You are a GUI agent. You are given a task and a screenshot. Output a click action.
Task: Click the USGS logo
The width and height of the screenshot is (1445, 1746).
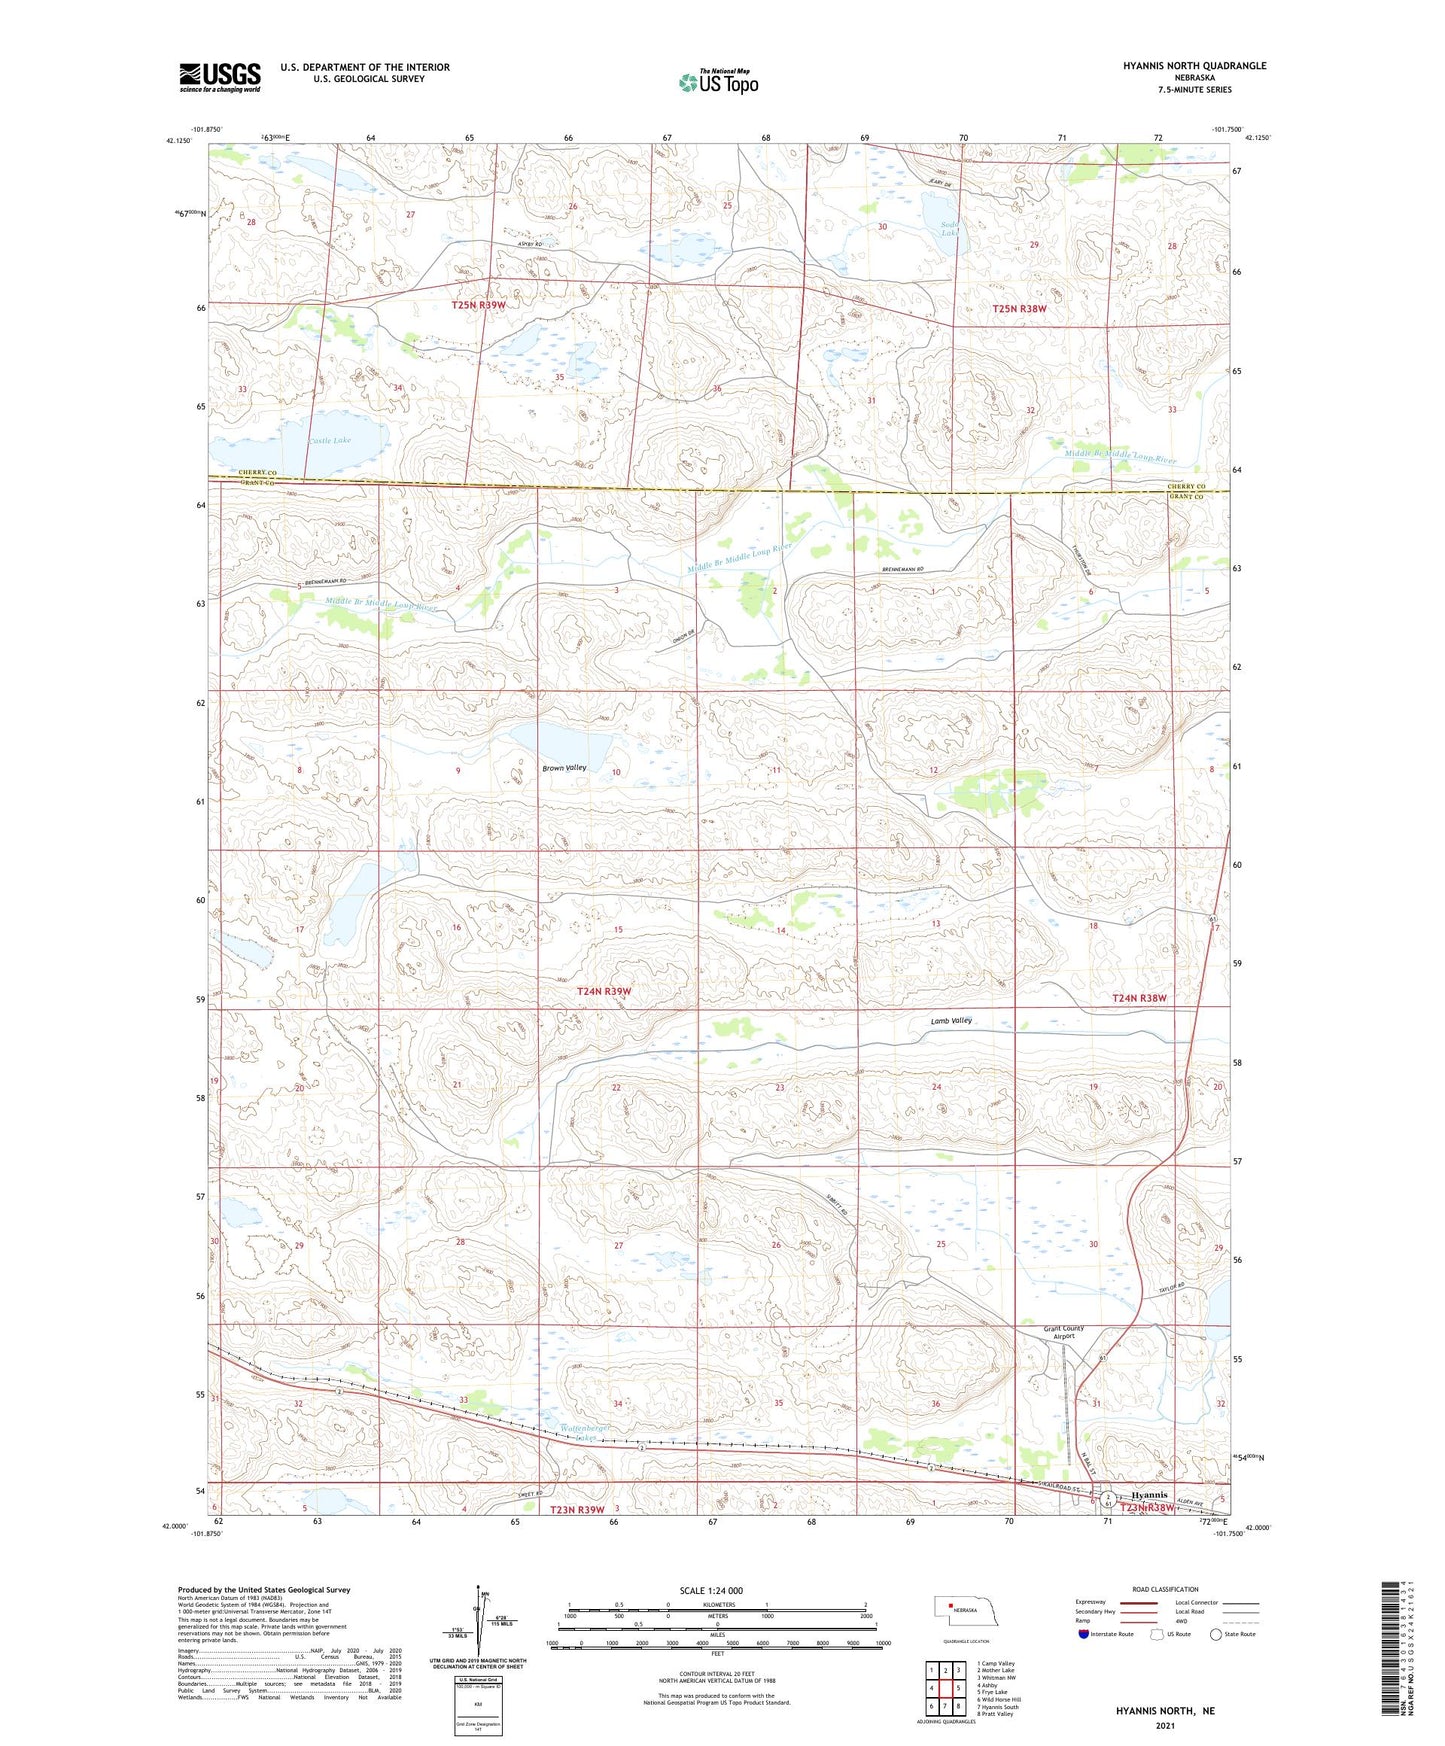219,77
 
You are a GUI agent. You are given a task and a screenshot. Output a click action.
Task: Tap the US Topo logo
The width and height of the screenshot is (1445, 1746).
718,82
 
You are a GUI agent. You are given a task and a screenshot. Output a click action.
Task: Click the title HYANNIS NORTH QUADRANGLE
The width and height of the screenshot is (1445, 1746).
1194,66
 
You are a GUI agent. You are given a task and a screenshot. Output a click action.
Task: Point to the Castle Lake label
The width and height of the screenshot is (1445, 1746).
329,440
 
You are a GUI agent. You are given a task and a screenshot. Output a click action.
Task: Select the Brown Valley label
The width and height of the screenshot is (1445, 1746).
564,768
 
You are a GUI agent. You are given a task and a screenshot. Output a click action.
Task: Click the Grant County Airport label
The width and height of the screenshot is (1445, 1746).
1063,1332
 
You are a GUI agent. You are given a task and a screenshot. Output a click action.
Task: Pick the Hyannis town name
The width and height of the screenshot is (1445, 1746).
1149,1495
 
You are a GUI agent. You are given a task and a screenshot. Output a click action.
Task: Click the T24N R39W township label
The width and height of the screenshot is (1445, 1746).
604,991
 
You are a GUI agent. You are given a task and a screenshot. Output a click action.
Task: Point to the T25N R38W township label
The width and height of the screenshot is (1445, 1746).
1019,309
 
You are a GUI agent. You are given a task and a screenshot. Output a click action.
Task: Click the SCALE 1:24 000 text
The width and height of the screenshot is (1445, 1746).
711,1590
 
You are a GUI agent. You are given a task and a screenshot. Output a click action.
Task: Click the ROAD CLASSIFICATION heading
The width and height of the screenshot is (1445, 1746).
1165,1589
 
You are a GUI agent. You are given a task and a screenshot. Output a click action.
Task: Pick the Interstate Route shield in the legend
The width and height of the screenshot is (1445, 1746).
1084,1634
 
